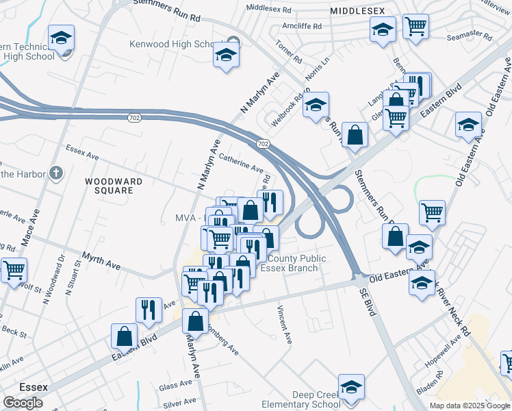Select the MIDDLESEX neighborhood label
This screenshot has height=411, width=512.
[357, 12]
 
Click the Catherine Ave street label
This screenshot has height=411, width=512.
[241, 163]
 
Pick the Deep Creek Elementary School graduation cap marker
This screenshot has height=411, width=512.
[351, 387]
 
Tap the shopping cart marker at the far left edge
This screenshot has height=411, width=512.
[13, 269]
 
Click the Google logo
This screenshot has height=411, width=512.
[23, 403]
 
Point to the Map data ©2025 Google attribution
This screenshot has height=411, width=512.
[470, 406]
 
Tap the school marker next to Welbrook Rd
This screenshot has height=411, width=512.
[316, 105]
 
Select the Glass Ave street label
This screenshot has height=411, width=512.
[175, 386]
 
